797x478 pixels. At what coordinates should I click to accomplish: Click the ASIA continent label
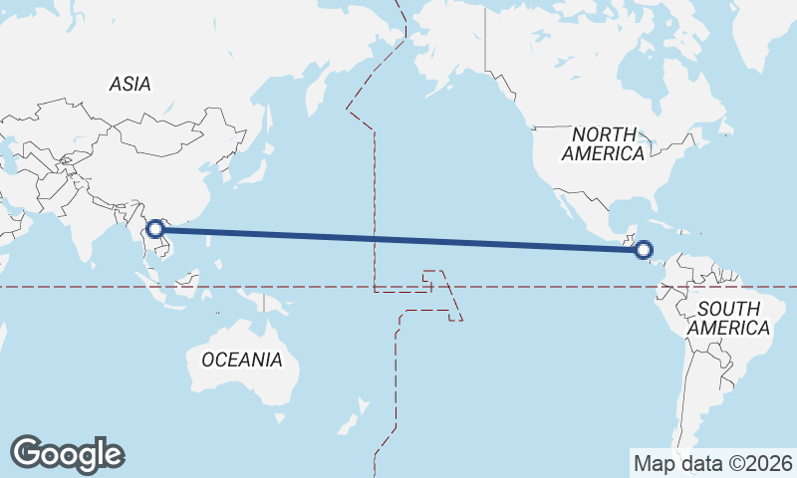(x=131, y=85)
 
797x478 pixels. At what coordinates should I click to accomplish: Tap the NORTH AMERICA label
(x=603, y=144)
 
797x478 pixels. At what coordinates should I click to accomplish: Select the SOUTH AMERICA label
(x=729, y=318)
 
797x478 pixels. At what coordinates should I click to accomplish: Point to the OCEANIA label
(x=242, y=359)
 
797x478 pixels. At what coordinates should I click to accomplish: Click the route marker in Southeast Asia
(x=155, y=229)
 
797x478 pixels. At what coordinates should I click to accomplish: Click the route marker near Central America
(x=644, y=249)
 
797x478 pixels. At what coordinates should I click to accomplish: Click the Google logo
(x=67, y=454)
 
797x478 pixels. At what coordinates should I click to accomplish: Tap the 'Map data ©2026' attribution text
(x=711, y=463)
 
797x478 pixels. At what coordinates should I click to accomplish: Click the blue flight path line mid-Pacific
(x=398, y=239)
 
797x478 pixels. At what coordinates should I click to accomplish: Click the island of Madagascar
(x=3, y=344)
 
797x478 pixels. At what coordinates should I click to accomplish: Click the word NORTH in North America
(x=604, y=134)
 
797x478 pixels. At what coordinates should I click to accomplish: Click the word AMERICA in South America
(x=729, y=328)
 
